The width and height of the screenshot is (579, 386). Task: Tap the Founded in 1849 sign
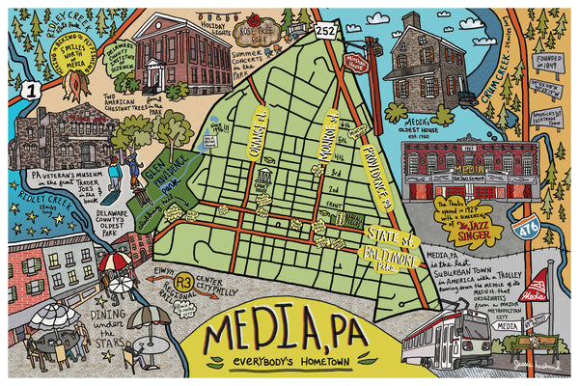(549, 61)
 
